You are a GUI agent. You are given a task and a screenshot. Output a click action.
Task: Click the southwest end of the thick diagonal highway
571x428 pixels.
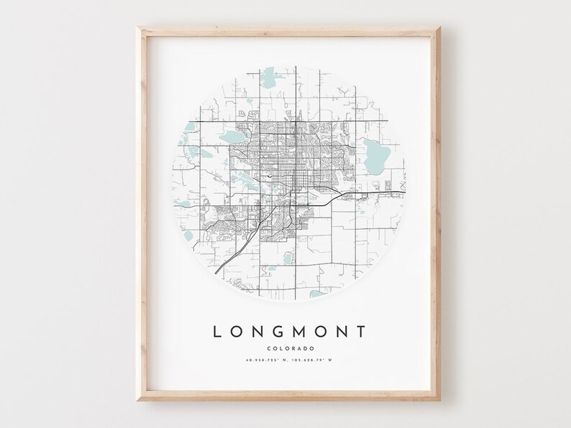216,272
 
